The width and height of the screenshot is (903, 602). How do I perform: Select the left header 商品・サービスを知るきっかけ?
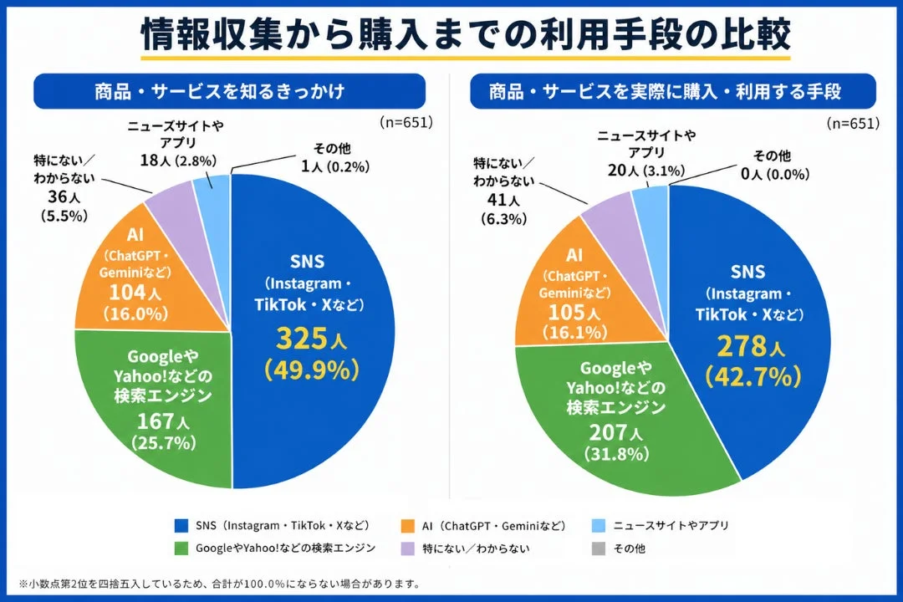coord(219,91)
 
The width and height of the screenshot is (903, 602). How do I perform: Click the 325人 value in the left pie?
coord(310,339)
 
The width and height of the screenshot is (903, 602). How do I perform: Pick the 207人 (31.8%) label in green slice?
coord(616,442)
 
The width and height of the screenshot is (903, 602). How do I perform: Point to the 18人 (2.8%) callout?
coord(176,160)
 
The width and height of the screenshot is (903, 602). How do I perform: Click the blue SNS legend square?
coord(181,526)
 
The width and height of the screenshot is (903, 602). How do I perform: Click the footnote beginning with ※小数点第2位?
coord(218,584)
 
